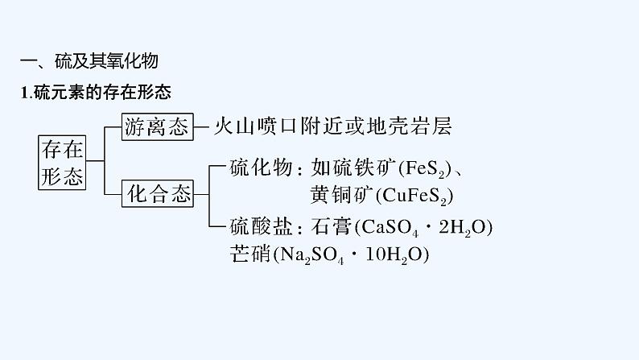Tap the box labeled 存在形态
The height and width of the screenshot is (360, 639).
click(x=63, y=161)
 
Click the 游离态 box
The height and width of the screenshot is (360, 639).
click(x=157, y=126)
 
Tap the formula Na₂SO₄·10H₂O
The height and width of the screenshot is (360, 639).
click(x=350, y=255)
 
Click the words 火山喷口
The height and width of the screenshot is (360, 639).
click(x=254, y=126)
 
